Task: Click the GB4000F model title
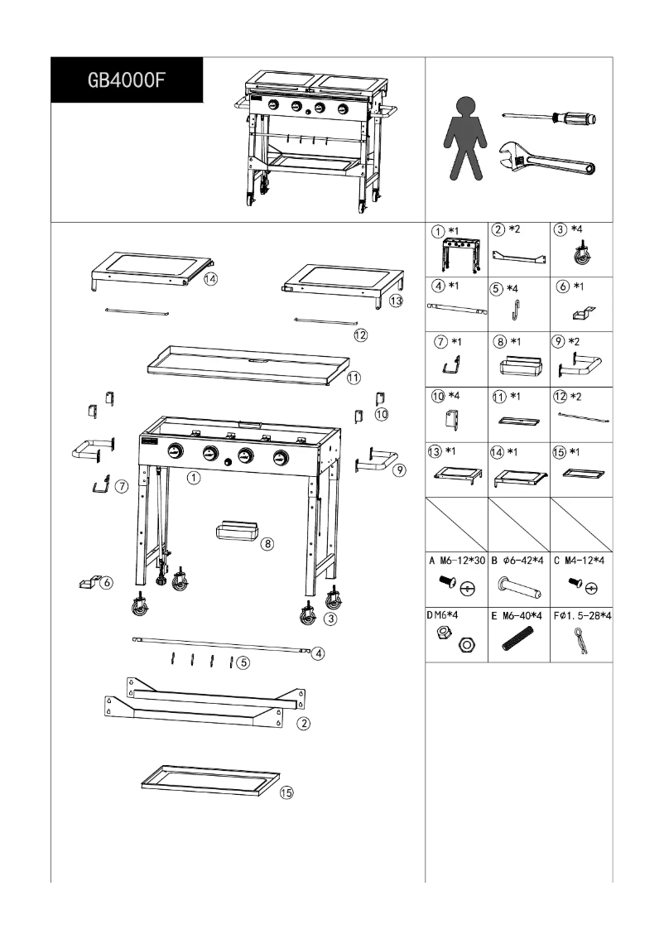(x=127, y=81)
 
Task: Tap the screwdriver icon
(x=550, y=118)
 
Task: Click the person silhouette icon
(x=467, y=138)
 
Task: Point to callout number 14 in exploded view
(x=211, y=279)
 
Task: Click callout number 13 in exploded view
(x=396, y=301)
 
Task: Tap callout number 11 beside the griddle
(x=354, y=378)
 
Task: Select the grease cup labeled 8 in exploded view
(x=236, y=531)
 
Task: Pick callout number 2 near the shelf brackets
(x=304, y=723)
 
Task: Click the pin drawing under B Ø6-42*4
(x=519, y=587)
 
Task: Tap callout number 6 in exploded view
(x=106, y=585)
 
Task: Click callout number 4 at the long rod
(x=318, y=652)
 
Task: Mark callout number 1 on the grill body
(x=193, y=478)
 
